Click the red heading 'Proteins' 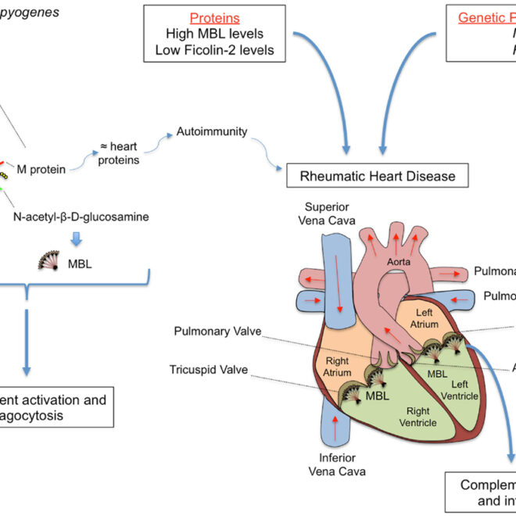click(x=215, y=17)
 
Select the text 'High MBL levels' click(x=215, y=34)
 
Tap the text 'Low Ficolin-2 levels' click(x=215, y=52)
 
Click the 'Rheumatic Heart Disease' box click(x=378, y=176)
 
